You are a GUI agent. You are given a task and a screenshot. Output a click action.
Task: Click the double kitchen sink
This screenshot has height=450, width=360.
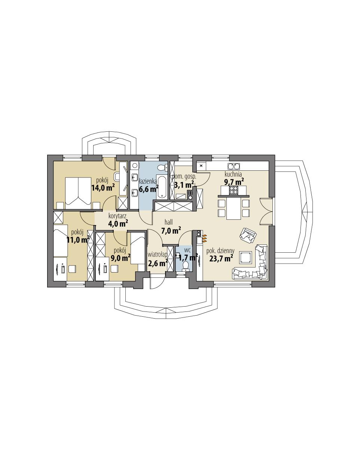point(234,167)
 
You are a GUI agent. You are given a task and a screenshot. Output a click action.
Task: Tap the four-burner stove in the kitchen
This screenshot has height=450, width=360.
point(234,191)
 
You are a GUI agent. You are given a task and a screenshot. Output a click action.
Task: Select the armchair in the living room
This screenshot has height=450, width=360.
point(248,235)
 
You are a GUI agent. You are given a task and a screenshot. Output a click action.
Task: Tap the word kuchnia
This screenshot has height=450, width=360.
point(233,174)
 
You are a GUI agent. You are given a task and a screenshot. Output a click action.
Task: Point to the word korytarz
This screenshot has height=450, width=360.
point(118,216)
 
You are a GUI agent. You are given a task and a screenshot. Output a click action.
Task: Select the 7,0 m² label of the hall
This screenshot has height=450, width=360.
point(170,230)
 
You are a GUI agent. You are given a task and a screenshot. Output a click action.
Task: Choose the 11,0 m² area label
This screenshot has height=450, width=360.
point(78,240)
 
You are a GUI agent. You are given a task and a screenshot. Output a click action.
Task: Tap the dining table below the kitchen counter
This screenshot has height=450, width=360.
point(234,209)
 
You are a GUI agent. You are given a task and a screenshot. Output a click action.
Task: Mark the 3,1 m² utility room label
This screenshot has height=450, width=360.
point(184,184)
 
